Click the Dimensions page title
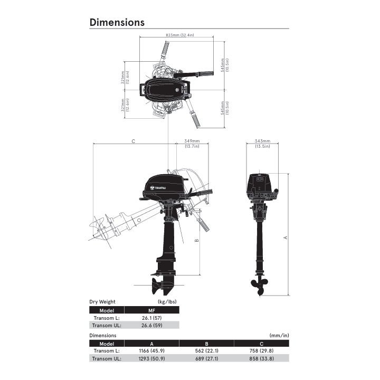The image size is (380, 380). coord(117,22)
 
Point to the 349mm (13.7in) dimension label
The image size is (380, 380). coord(192,144)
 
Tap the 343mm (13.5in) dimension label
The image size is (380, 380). coord(262,144)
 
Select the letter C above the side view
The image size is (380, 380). coord(134,141)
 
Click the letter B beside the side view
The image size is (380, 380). coord(196,241)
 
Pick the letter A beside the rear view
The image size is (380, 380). coord(286,237)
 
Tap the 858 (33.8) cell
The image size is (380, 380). coord(262,358)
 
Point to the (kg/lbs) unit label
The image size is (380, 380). coord(167,302)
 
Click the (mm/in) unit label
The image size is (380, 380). coord(279,335)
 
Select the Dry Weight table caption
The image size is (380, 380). coord(102,302)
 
